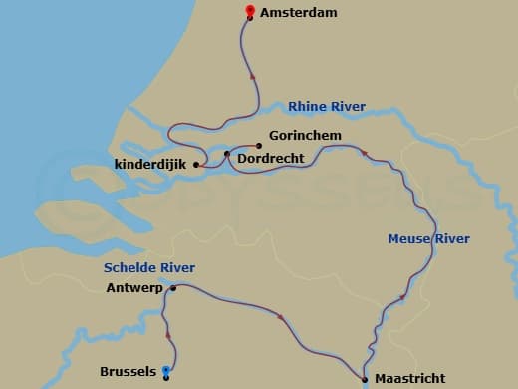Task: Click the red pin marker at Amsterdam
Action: point(248,11)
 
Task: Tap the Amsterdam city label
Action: point(298,13)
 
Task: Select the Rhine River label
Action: point(326,107)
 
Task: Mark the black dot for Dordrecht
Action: point(227,154)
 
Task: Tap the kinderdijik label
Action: point(151,165)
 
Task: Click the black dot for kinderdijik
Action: point(196,165)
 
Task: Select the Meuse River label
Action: point(428,239)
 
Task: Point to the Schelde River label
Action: point(149,267)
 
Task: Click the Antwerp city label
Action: point(133,289)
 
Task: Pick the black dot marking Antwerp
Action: point(173,288)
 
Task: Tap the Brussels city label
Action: point(128,372)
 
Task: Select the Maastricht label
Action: point(409,379)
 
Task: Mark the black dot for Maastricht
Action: point(365,378)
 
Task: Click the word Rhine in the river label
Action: point(305,107)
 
